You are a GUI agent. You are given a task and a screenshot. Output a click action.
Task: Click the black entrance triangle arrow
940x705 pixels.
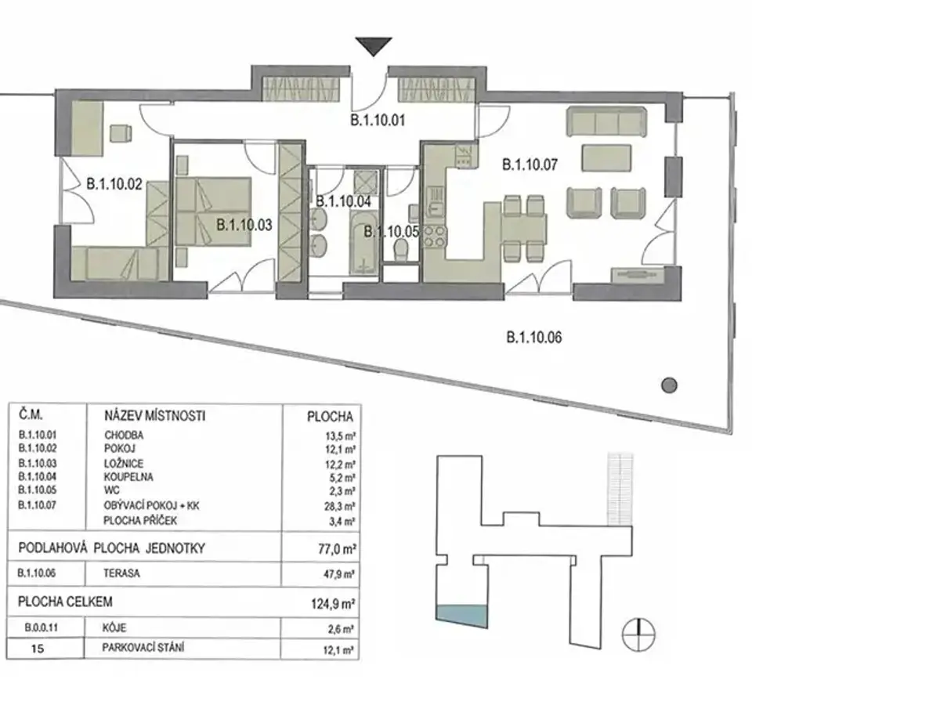pyautogui.click(x=374, y=46)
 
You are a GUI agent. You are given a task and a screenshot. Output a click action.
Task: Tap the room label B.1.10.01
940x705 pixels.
pyautogui.click(x=378, y=121)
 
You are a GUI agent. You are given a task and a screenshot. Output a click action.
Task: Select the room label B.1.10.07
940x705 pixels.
pyautogui.click(x=530, y=164)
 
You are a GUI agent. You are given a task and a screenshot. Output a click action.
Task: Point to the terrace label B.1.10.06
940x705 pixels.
pyautogui.click(x=534, y=338)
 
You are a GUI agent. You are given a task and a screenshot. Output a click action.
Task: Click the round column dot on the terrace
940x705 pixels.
pyautogui.click(x=669, y=385)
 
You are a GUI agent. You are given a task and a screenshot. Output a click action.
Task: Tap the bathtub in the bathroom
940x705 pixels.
pyautogui.click(x=364, y=242)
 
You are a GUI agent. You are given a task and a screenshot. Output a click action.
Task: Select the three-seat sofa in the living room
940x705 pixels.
pyautogui.click(x=607, y=122)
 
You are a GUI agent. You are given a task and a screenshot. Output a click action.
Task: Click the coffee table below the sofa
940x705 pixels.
pyautogui.click(x=606, y=157)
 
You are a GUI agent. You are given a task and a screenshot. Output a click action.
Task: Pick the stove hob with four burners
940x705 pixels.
pyautogui.click(x=435, y=237)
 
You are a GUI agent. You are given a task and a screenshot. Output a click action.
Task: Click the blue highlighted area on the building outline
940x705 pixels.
pyautogui.click(x=462, y=615)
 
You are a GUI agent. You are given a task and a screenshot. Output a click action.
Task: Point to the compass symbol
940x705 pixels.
pyautogui.click(x=638, y=634)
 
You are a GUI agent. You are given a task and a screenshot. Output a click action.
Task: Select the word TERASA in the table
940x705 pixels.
pyautogui.click(x=121, y=573)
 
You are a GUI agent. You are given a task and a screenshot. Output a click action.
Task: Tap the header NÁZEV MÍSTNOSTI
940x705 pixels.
pyautogui.click(x=155, y=416)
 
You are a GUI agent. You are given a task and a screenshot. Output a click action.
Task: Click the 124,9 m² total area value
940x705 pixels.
pyautogui.click(x=333, y=603)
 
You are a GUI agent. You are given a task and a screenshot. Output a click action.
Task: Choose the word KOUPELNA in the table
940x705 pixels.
pyautogui.click(x=128, y=477)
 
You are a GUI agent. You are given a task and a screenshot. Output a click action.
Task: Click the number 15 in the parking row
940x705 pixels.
pyautogui.click(x=38, y=649)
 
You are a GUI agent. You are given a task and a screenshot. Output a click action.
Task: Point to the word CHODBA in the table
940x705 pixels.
pyautogui.click(x=124, y=436)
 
